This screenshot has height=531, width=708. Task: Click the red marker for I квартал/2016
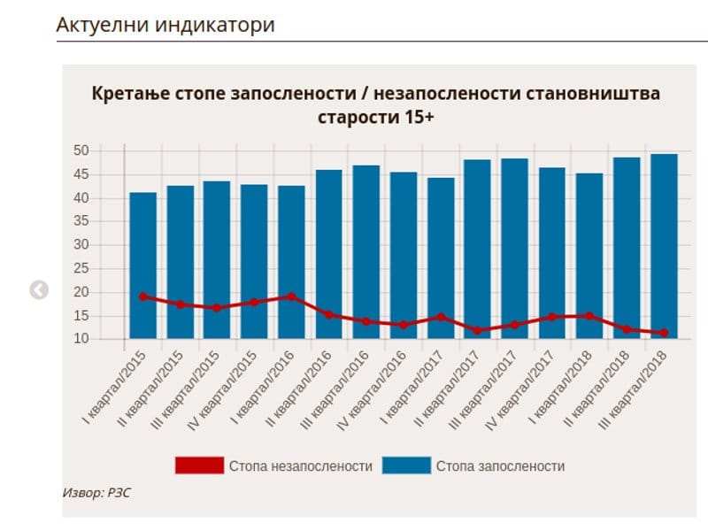291,296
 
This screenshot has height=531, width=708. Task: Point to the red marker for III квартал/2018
664,333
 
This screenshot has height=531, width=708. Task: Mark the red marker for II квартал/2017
478,330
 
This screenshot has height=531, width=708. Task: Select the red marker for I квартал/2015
142,296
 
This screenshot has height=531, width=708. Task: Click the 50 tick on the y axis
81,151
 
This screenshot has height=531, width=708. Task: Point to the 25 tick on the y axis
81,269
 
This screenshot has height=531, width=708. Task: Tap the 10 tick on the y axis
81,339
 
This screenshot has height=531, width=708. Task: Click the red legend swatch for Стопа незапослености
199,466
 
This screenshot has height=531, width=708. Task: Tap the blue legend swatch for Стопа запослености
406,466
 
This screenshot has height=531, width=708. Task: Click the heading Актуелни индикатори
165,25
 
